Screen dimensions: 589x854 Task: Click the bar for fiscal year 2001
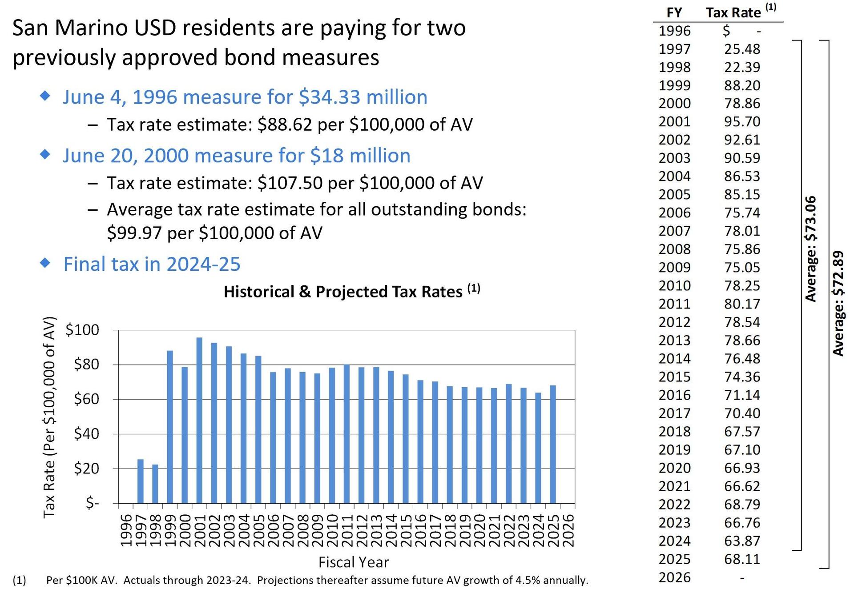[199, 420]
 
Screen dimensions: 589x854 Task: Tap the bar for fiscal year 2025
[553, 444]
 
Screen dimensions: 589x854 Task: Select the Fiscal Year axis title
[354, 562]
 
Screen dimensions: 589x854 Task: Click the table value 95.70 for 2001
[742, 121]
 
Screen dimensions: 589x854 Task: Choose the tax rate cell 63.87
[742, 541]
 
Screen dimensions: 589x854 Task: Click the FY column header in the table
[674, 12]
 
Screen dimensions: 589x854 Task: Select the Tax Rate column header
[733, 12]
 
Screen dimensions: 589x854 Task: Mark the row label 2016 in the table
[674, 395]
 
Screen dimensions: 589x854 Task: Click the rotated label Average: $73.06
[811, 249]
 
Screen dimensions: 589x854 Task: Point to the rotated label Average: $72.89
[838, 304]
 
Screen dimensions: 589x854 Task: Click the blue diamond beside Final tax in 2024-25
[45, 263]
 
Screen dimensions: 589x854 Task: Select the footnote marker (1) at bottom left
[20, 580]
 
